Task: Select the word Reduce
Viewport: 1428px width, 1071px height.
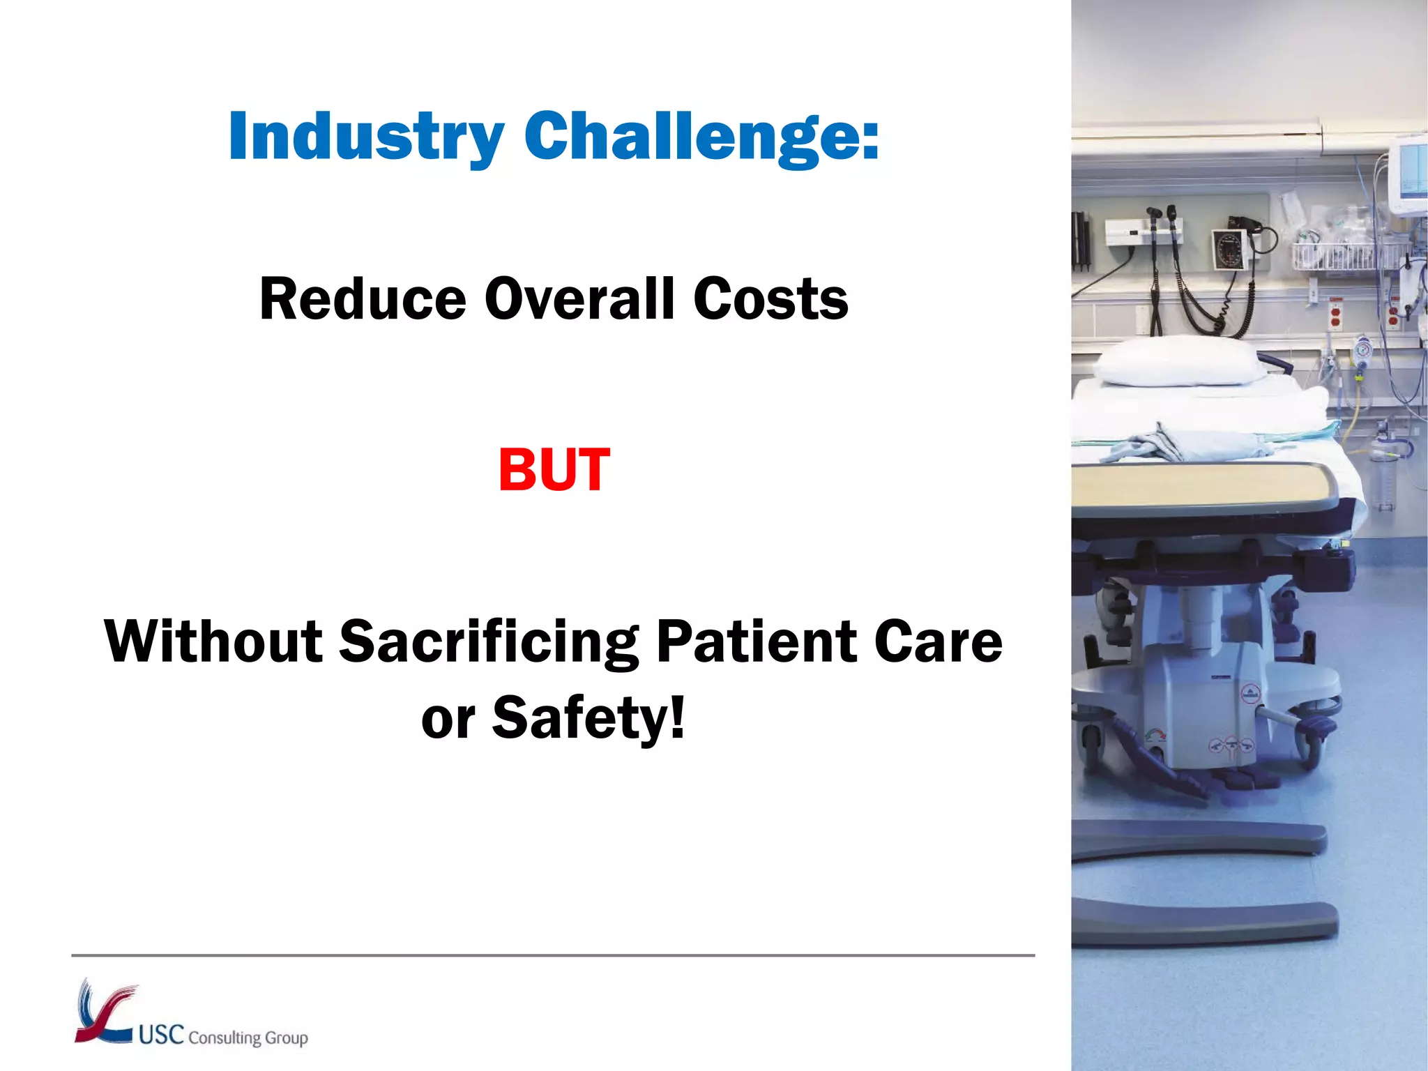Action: pyautogui.click(x=363, y=299)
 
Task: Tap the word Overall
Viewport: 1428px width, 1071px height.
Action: pyautogui.click(x=579, y=299)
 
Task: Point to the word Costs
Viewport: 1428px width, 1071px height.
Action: pyautogui.click(x=770, y=299)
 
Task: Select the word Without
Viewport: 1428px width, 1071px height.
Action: pyautogui.click(x=213, y=641)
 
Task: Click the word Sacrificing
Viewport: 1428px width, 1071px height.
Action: pyautogui.click(x=488, y=641)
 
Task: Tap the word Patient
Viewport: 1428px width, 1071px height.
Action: pyautogui.click(x=756, y=641)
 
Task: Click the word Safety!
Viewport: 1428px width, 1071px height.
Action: pyautogui.click(x=589, y=718)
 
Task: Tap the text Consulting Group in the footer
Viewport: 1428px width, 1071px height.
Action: pyautogui.click(x=248, y=1038)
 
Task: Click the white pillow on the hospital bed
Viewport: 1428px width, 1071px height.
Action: pyautogui.click(x=1178, y=361)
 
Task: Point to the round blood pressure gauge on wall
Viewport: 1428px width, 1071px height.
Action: pyautogui.click(x=1228, y=248)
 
